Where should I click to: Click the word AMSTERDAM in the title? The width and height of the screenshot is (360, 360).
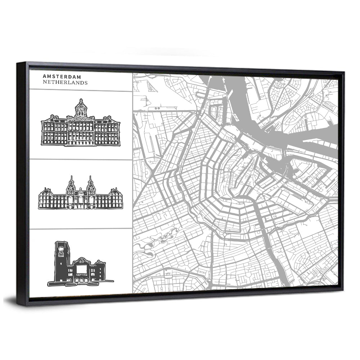click(62, 76)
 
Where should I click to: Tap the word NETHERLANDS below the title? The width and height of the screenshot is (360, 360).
click(65, 82)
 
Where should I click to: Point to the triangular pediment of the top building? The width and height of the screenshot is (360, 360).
click(81, 118)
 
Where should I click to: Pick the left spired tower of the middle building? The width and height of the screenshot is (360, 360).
click(71, 184)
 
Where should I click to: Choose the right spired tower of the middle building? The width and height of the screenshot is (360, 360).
click(90, 184)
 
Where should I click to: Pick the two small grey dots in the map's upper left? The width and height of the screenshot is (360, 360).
click(157, 107)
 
